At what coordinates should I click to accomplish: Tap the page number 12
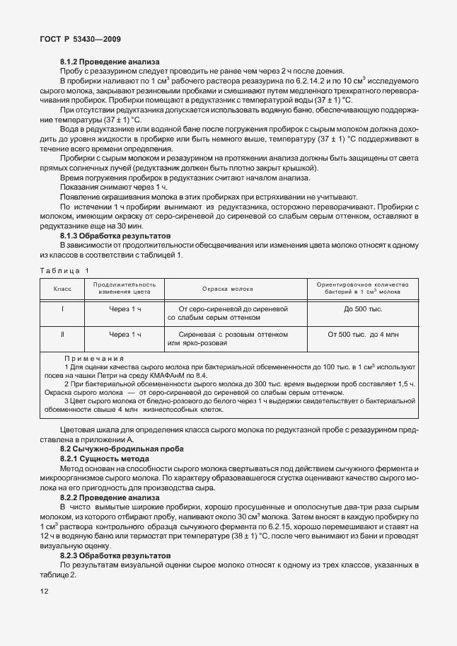pyautogui.click(x=45, y=591)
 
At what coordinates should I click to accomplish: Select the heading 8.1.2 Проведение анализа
pyautogui.click(x=110, y=62)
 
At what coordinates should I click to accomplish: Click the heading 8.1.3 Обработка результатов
pyautogui.click(x=115, y=235)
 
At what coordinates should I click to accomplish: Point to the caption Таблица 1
pyautogui.click(x=65, y=270)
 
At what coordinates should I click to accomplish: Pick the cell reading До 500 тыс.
pyautogui.click(x=363, y=309)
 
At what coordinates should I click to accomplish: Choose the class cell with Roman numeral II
pyautogui.click(x=62, y=333)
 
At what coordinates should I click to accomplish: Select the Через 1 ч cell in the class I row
pyautogui.click(x=125, y=309)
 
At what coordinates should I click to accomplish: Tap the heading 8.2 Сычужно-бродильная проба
pyautogui.click(x=112, y=449)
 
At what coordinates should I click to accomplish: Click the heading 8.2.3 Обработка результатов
pyautogui.click(x=115, y=557)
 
